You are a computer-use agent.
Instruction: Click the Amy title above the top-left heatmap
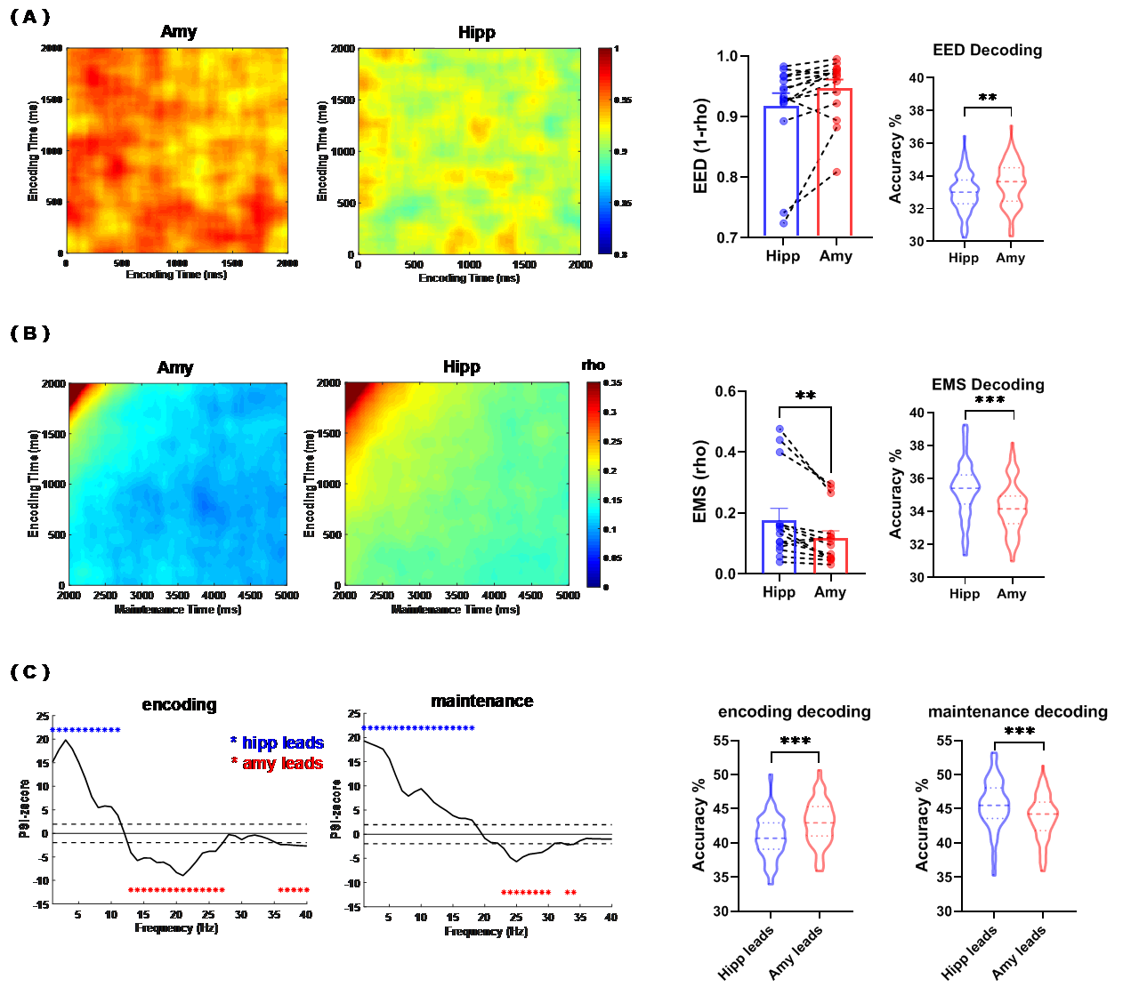pos(179,32)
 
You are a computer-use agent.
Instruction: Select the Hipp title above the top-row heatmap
pos(476,33)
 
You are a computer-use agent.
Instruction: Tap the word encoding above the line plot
pos(179,704)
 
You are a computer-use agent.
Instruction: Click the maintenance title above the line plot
pos(481,701)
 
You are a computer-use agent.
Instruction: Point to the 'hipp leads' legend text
pos(282,742)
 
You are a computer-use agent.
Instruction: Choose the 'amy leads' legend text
pos(282,763)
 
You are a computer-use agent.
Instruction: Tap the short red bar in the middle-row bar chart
pos(830,555)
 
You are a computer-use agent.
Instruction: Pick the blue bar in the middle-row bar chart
pos(779,546)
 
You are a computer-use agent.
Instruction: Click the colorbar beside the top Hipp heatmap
pos(605,151)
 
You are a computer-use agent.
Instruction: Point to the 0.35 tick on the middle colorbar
pos(612,383)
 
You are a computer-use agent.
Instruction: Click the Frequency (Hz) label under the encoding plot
pos(176,927)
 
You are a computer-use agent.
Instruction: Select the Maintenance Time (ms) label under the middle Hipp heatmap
pos(455,609)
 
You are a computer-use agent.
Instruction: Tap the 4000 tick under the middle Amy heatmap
pos(214,596)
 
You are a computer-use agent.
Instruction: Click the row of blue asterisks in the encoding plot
pos(86,730)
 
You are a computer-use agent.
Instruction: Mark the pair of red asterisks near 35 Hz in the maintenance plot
pos(570,893)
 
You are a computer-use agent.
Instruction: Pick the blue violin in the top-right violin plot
pos(964,188)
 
